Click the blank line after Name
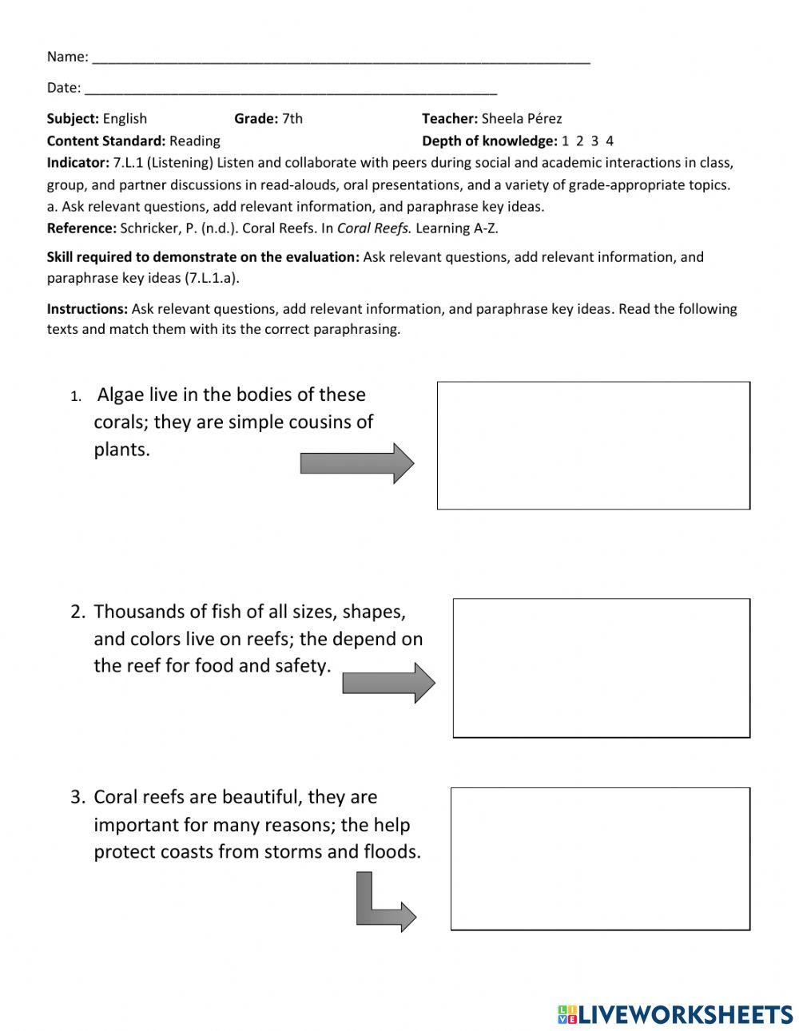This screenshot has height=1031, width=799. click(x=341, y=58)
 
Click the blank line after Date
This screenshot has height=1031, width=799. click(x=290, y=89)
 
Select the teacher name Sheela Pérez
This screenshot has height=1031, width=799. click(x=522, y=119)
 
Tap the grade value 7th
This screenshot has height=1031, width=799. click(x=292, y=119)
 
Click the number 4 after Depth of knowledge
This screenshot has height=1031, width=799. click(x=610, y=141)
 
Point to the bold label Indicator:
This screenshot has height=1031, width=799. click(x=78, y=163)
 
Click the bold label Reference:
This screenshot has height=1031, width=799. click(x=81, y=228)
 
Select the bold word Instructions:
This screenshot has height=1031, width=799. click(x=87, y=309)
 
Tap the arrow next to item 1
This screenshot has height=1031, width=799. click(x=356, y=463)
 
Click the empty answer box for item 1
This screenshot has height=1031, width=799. click(x=593, y=445)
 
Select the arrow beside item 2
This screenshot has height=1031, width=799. click(x=388, y=683)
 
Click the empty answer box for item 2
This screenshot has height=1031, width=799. click(x=601, y=668)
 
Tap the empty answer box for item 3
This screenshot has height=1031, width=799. click(x=600, y=859)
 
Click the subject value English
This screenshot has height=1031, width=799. click(x=125, y=119)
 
